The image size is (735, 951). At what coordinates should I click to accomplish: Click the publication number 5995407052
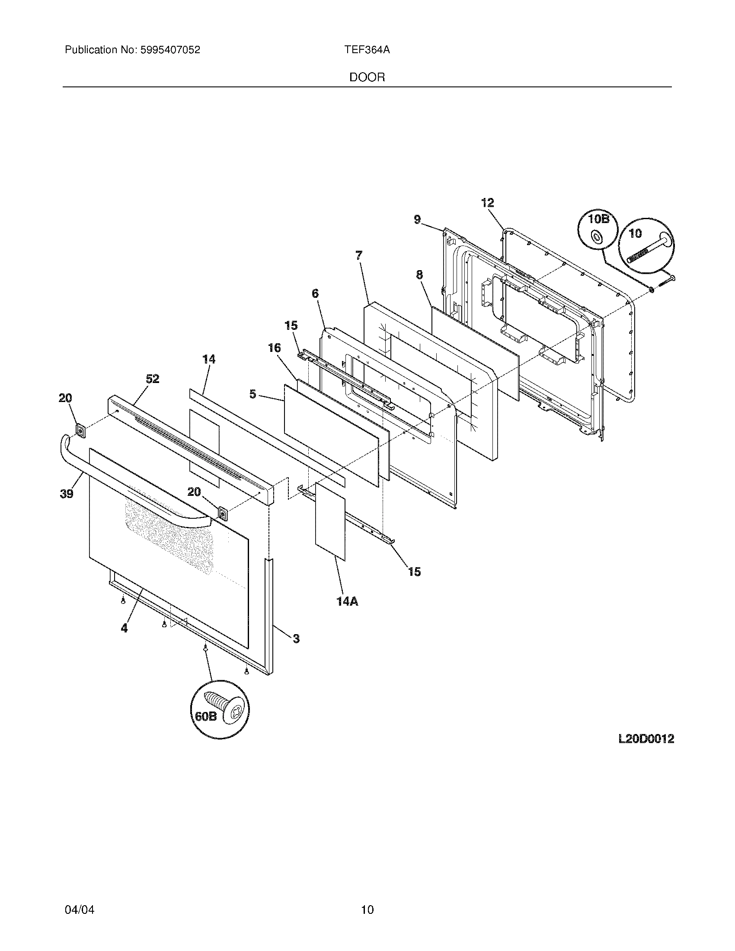click(170, 50)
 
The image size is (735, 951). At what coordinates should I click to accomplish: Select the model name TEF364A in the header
click(367, 50)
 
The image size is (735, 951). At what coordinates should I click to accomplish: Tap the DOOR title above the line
click(367, 77)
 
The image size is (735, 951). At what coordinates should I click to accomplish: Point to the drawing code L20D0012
click(646, 738)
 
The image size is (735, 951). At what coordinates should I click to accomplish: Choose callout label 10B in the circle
click(598, 219)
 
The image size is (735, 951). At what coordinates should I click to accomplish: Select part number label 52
click(152, 379)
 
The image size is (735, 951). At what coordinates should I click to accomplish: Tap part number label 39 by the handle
click(67, 494)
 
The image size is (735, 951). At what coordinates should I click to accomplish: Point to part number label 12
click(488, 202)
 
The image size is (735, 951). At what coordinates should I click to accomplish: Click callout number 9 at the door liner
click(417, 220)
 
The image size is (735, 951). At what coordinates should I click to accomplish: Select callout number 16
click(274, 348)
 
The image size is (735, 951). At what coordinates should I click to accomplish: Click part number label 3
click(296, 639)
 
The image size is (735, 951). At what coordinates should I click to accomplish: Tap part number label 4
click(124, 628)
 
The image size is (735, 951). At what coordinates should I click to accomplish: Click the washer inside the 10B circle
click(595, 236)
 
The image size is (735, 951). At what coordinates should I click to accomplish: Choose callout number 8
click(419, 275)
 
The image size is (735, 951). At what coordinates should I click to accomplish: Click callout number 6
click(315, 294)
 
